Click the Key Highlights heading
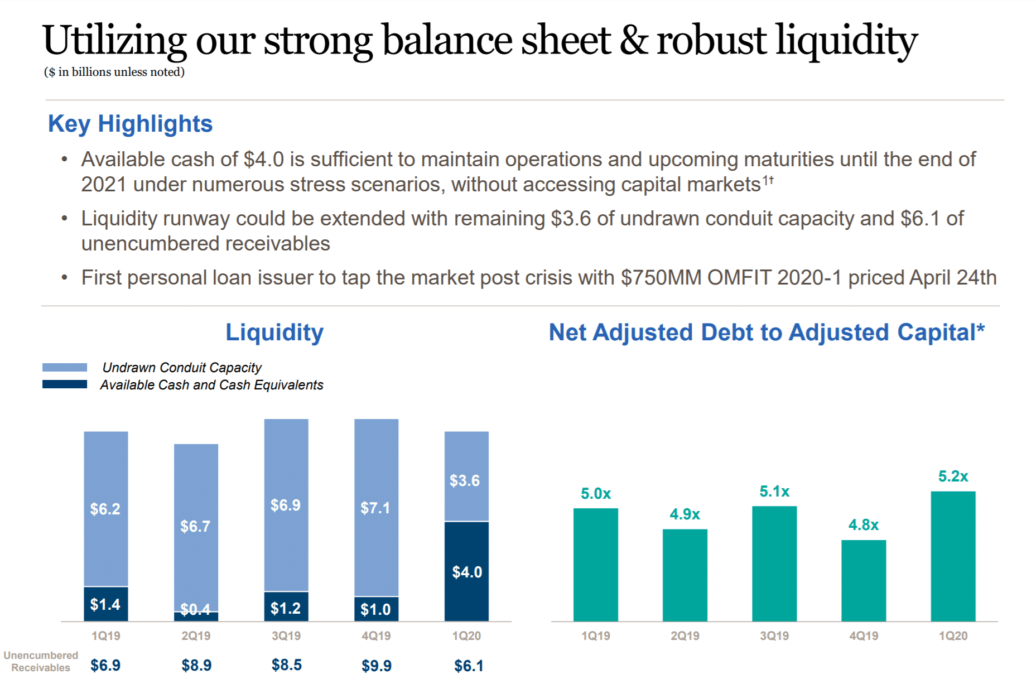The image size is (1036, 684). click(x=130, y=124)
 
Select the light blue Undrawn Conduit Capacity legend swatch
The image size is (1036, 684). click(x=65, y=367)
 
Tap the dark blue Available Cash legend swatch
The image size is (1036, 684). click(x=65, y=384)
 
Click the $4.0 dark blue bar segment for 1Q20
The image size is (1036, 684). click(x=466, y=571)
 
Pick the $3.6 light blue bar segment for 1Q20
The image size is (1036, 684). click(x=466, y=477)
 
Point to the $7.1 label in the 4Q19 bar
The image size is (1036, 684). click(x=375, y=508)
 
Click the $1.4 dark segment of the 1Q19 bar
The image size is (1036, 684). click(x=105, y=604)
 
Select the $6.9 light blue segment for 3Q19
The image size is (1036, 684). click(x=286, y=505)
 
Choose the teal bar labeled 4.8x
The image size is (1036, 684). click(x=863, y=580)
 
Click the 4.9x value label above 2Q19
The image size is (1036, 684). click(x=685, y=514)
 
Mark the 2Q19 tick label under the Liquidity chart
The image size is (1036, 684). click(x=196, y=635)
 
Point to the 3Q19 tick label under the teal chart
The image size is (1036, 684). click(x=774, y=635)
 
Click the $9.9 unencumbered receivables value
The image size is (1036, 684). click(x=377, y=665)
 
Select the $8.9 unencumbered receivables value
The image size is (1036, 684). click(x=196, y=665)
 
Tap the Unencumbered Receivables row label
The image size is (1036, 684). click(x=41, y=661)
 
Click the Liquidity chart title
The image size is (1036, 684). click(x=274, y=333)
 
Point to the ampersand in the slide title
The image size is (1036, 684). click(x=633, y=40)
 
